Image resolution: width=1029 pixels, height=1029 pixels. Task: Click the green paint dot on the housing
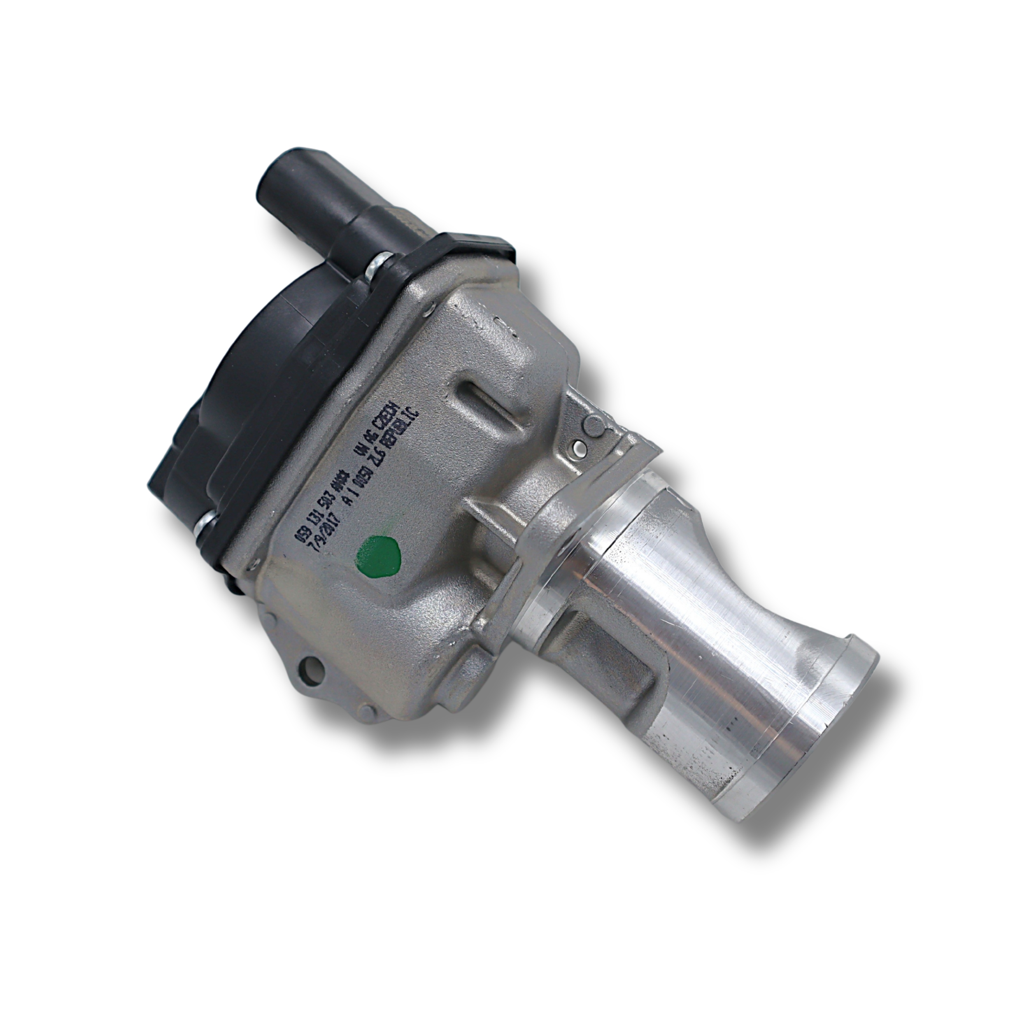click(379, 555)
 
